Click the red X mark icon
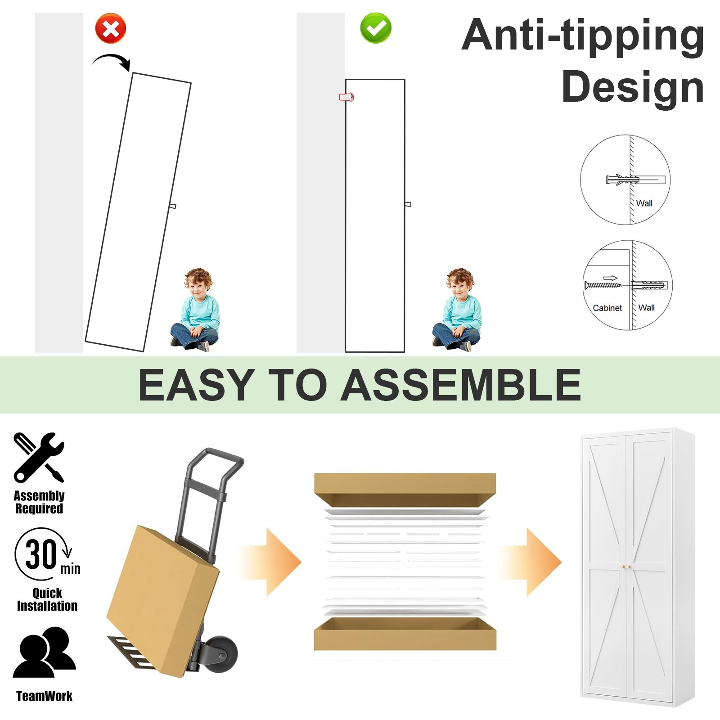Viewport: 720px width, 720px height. [111, 29]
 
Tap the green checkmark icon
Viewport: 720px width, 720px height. [376, 28]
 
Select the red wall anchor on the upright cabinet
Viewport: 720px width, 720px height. [346, 97]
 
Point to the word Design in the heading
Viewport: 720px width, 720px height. [633, 87]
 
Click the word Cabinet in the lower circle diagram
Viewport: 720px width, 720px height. [607, 308]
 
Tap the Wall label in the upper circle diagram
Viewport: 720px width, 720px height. [644, 203]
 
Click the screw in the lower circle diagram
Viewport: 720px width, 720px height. [603, 285]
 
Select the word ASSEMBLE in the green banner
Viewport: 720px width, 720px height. [461, 385]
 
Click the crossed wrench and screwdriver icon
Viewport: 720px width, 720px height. [39, 457]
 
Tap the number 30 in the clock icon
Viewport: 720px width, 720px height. [41, 554]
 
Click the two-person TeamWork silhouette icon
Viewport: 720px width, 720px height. [44, 652]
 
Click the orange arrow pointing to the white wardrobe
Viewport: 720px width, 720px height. [532, 562]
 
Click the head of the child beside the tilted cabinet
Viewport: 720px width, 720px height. [198, 283]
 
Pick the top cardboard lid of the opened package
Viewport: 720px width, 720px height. [405, 490]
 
